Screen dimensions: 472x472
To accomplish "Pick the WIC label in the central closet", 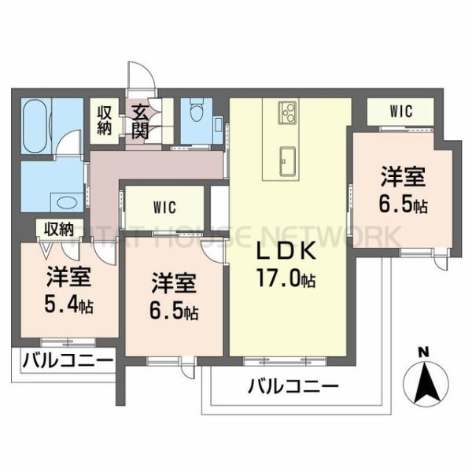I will (x=164, y=208).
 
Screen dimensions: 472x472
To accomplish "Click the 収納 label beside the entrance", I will (x=104, y=120).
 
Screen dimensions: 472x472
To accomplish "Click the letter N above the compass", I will (x=422, y=351).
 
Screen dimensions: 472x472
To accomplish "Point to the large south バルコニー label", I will (x=293, y=386).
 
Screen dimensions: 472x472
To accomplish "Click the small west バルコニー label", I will (x=66, y=363).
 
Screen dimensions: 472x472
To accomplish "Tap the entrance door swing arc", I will (x=142, y=75).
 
